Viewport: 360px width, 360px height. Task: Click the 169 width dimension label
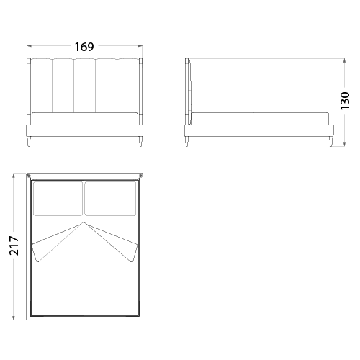point(84,47)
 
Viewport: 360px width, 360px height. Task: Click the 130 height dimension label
point(345,101)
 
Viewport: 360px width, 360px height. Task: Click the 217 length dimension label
point(14,246)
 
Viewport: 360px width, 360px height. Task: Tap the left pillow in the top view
point(58,199)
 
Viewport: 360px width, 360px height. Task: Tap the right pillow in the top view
point(110,199)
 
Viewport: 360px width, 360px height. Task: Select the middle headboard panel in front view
point(84,86)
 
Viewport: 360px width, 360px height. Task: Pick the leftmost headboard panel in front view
point(42,86)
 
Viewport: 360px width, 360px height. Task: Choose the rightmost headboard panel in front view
point(128,86)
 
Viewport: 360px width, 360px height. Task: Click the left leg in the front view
point(30,141)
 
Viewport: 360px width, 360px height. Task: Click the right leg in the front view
point(140,141)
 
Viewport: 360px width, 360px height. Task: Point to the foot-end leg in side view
point(331,141)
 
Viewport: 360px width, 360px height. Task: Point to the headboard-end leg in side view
point(187,141)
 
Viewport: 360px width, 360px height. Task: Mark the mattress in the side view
point(260,119)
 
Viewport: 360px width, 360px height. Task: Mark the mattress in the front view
point(85,119)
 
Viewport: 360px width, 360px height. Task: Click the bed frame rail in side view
point(259,130)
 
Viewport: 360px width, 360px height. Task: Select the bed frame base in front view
point(84,130)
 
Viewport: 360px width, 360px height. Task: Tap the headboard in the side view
point(188,91)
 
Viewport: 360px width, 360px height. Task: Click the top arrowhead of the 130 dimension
point(345,60)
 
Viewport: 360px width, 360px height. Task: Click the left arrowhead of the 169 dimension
point(30,45)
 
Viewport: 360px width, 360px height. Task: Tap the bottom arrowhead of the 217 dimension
point(14,318)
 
